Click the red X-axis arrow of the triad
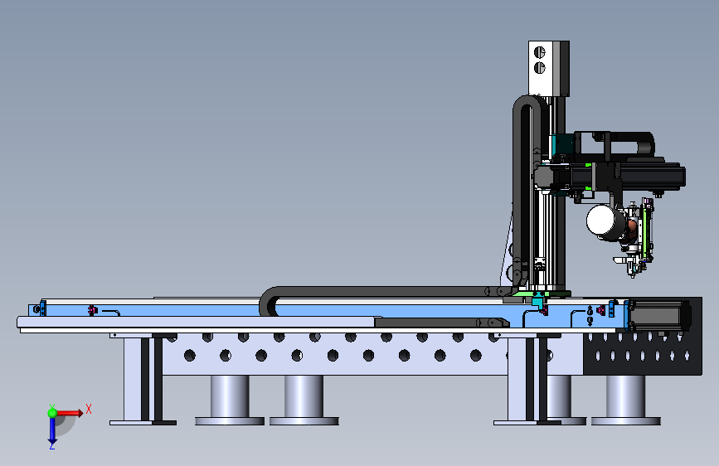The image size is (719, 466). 69,413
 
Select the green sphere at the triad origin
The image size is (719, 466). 52,413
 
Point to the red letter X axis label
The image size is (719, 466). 89,409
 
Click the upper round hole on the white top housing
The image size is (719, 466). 540,52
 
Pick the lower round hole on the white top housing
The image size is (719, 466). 540,68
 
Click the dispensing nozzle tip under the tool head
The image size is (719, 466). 634,275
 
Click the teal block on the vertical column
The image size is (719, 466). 561,144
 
